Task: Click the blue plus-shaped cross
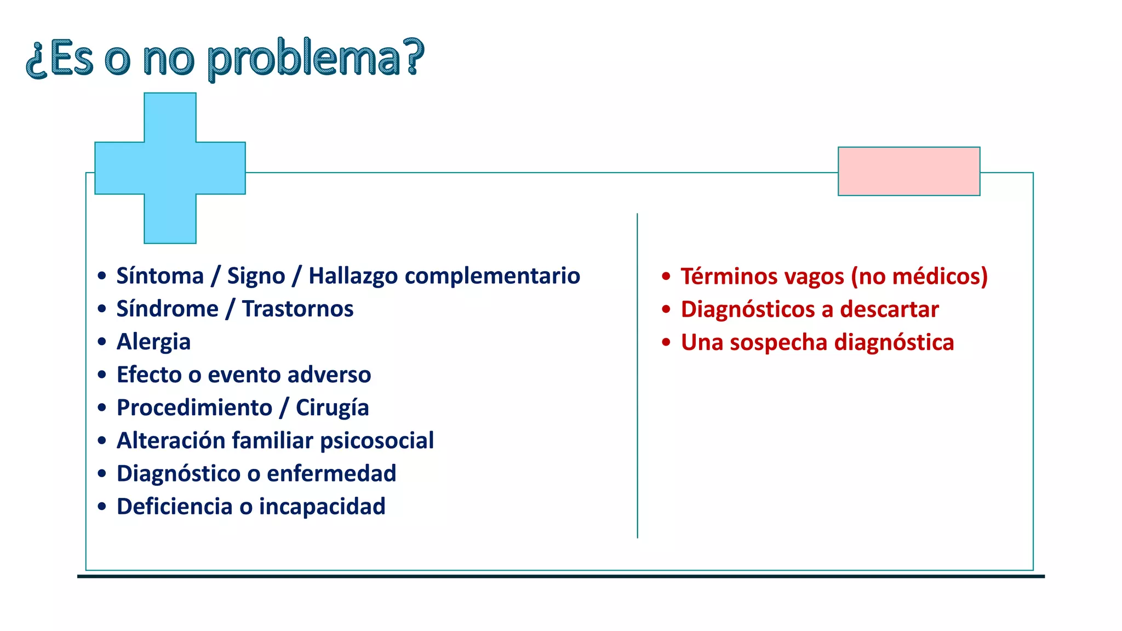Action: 170,168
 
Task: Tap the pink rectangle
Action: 908,171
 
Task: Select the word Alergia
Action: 153,342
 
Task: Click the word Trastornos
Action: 297,309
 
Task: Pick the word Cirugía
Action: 332,408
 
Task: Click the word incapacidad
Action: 322,507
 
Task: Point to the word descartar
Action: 889,309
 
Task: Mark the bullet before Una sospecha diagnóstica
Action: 666,343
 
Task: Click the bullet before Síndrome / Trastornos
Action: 102,309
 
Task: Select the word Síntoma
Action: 160,276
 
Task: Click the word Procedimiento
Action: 194,408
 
